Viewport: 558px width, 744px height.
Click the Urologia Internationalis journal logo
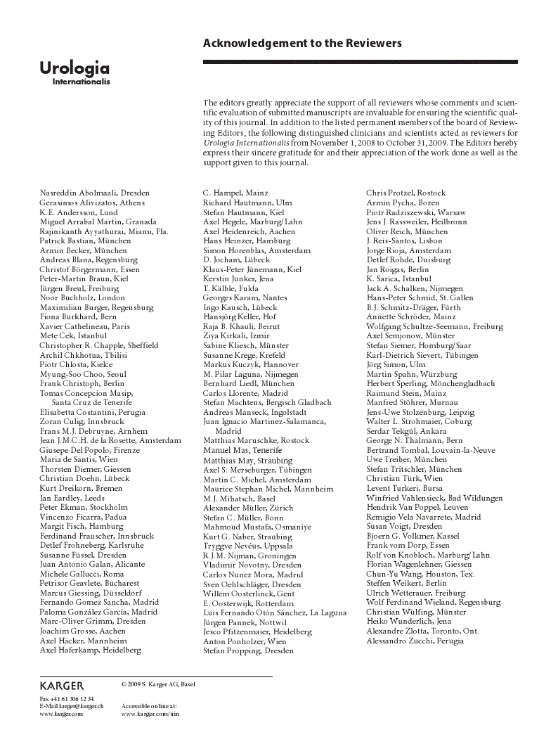[74, 72]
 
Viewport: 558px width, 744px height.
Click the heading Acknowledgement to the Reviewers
[302, 44]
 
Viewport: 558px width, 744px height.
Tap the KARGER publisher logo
[62, 685]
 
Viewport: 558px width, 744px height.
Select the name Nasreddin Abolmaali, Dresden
[94, 193]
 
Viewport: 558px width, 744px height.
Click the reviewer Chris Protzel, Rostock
[405, 193]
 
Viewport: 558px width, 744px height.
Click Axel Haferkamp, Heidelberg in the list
[90, 650]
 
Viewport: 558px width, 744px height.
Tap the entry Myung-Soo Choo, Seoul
[83, 374]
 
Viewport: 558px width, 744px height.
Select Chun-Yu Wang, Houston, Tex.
[420, 574]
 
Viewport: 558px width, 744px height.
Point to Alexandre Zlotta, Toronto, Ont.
[422, 631]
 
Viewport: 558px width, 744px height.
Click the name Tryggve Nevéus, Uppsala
[247, 546]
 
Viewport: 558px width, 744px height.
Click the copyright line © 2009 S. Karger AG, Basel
[158, 684]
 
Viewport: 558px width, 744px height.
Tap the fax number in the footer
[67, 698]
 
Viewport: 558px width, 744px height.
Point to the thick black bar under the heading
[361, 62]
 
